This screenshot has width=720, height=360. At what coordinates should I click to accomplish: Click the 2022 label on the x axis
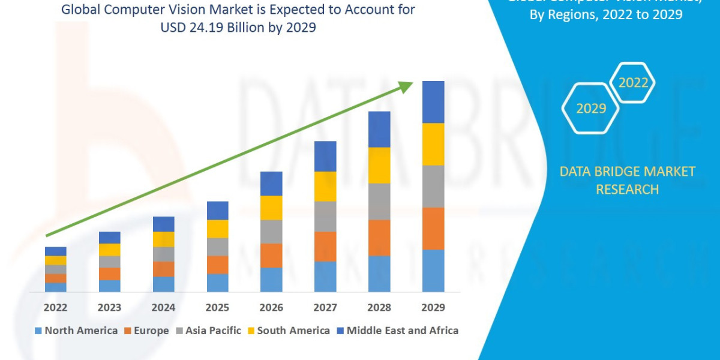55,308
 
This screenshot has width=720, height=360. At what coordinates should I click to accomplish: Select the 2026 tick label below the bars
271,308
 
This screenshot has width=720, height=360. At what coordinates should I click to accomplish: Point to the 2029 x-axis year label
433,308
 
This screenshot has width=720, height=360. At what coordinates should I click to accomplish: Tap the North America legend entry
76,331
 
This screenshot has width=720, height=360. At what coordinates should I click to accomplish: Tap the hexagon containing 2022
632,83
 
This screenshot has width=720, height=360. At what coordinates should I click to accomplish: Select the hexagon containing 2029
590,108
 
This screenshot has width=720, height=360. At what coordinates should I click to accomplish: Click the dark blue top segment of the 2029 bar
433,102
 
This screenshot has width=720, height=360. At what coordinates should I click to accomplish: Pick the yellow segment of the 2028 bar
379,165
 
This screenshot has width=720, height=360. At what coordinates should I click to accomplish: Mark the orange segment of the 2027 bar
325,247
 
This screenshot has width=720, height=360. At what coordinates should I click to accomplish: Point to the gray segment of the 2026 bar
271,232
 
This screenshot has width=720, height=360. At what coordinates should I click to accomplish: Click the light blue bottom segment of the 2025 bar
217,283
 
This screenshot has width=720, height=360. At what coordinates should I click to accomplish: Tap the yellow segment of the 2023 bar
109,250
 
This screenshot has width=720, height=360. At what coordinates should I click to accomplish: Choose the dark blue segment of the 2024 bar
163,224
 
